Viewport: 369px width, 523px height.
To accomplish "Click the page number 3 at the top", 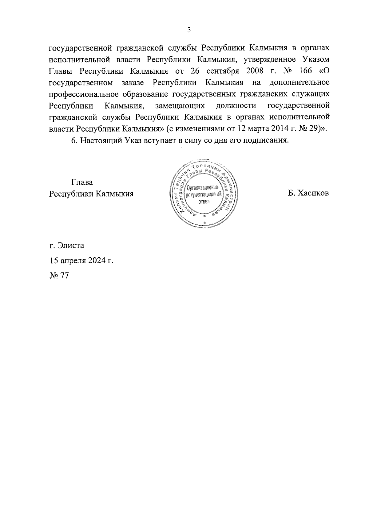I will click(x=189, y=30).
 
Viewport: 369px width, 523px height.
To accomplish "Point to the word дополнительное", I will click(x=299, y=82).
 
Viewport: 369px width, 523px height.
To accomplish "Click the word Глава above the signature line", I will click(x=82, y=182).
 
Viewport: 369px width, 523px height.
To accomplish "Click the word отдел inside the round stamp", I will click(x=204, y=201).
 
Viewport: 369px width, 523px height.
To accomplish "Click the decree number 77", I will click(x=64, y=275).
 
